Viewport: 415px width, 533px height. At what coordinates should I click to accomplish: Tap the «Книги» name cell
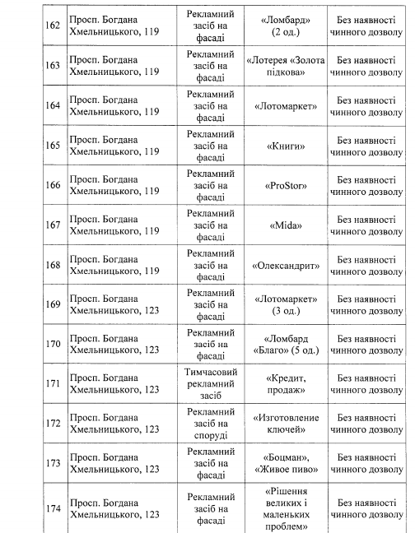[x=281, y=146]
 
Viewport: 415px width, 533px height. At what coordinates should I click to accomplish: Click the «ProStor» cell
[x=281, y=185]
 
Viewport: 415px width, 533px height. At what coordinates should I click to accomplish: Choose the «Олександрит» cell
[x=281, y=265]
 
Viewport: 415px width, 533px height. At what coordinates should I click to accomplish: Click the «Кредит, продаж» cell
[x=281, y=383]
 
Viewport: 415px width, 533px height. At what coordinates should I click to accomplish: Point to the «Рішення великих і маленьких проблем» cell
[x=281, y=508]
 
